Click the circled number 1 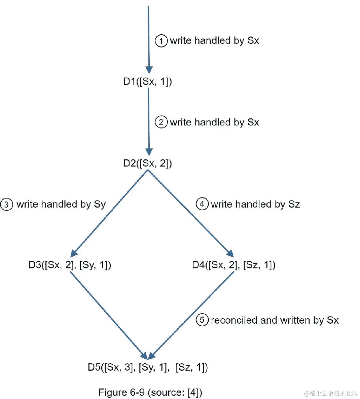click(x=161, y=41)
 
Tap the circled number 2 click(x=161, y=122)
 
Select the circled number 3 click(x=6, y=205)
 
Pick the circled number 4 click(x=202, y=204)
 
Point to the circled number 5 click(x=202, y=320)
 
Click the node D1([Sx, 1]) click(x=147, y=82)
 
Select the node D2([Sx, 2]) click(x=147, y=164)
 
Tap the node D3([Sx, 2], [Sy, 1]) click(x=70, y=265)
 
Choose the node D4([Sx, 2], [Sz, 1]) click(x=234, y=265)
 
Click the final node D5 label click(x=148, y=367)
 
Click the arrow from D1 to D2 click(x=148, y=121)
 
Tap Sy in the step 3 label click(x=100, y=205)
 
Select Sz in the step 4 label click(x=294, y=204)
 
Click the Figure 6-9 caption click(x=150, y=392)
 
